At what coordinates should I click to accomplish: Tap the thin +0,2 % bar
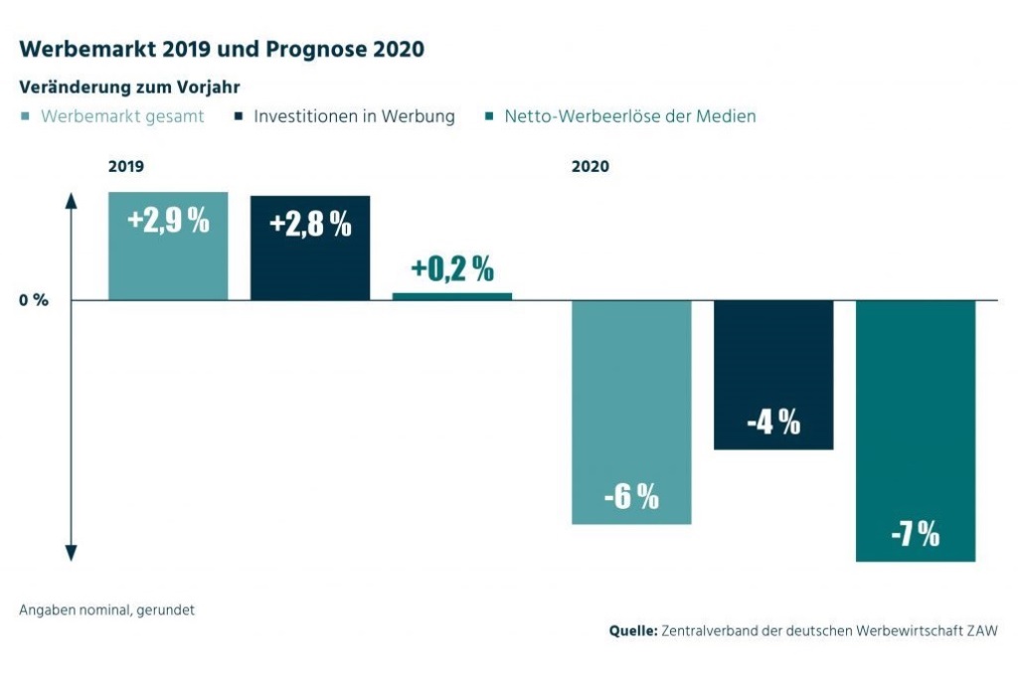(x=452, y=296)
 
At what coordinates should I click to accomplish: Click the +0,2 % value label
(x=452, y=268)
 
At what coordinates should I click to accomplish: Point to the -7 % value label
(x=916, y=535)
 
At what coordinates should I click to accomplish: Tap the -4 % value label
(x=773, y=423)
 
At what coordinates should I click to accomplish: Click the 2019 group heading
(x=126, y=167)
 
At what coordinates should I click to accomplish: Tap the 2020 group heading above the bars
(x=591, y=167)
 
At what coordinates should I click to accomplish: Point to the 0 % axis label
(x=34, y=300)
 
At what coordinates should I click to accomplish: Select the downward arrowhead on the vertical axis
(x=72, y=554)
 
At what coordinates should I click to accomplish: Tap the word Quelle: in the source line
(x=633, y=630)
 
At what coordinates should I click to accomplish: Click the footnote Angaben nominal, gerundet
(x=106, y=610)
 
